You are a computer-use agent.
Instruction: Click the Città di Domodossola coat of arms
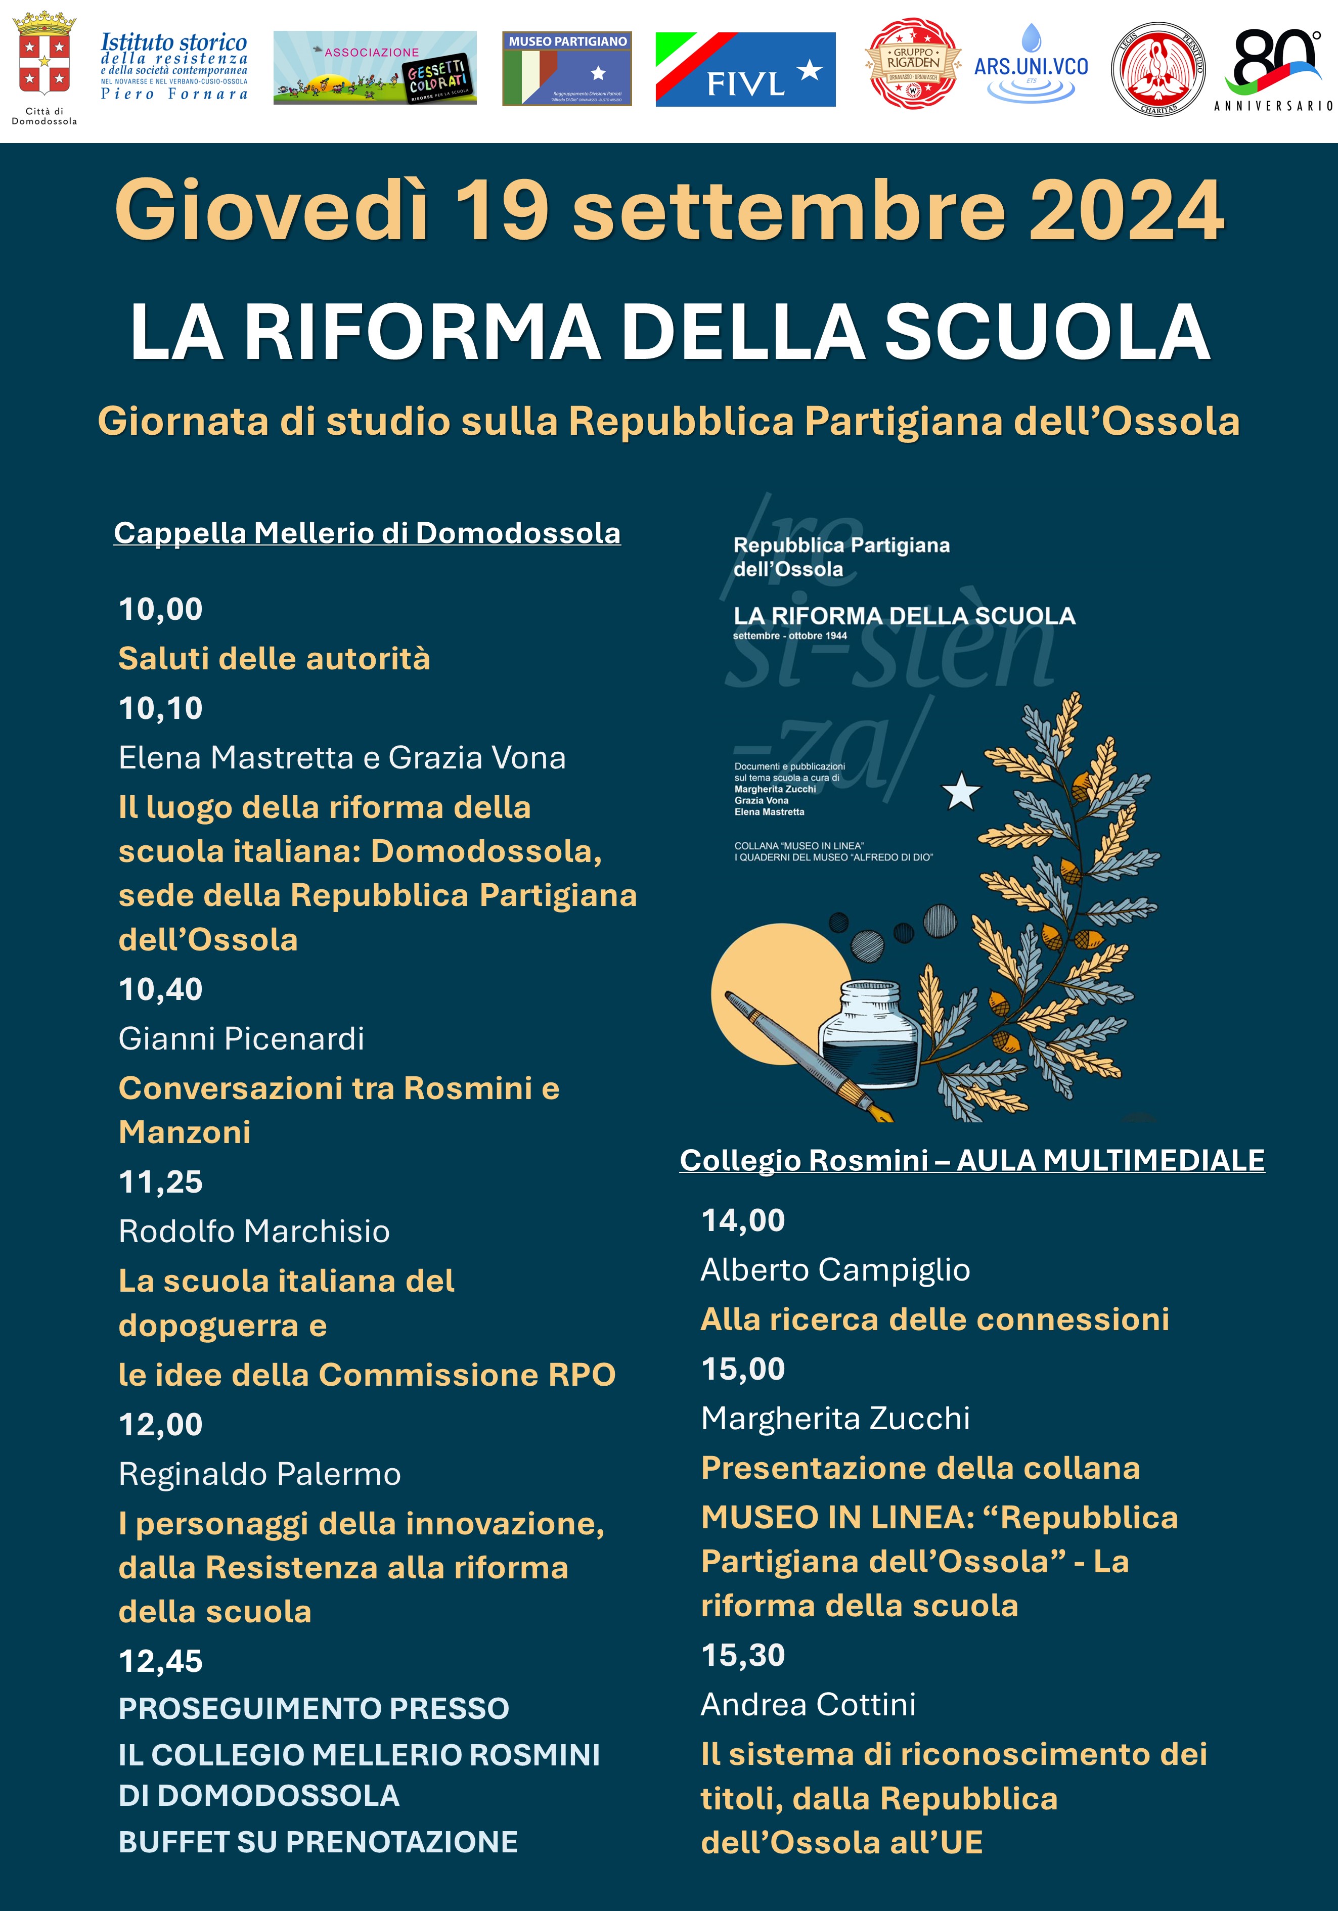coord(43,58)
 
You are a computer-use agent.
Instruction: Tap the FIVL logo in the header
coord(745,70)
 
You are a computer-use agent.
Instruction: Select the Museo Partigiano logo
coord(567,69)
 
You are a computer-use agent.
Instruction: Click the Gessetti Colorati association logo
coord(375,68)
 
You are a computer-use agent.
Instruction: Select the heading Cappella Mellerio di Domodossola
coord(367,533)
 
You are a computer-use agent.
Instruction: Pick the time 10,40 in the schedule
coord(161,989)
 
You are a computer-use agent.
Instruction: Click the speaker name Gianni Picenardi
coord(241,1039)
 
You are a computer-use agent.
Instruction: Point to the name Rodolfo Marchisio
coord(254,1231)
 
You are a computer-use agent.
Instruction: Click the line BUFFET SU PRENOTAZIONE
coord(318,1842)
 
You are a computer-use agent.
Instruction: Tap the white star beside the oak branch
coord(961,792)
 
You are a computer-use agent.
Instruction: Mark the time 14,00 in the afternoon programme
coord(743,1220)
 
